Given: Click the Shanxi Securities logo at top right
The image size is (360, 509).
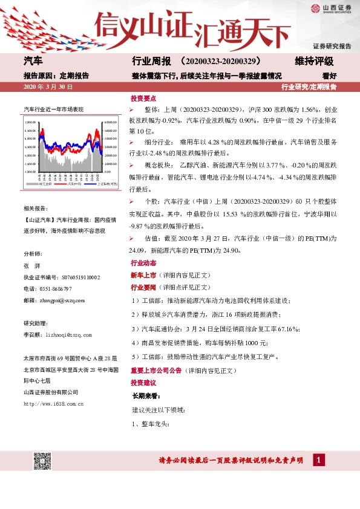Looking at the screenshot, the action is click(331, 8).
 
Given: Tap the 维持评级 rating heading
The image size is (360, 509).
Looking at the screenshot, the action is click(314, 62).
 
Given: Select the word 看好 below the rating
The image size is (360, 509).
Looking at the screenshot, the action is click(329, 76).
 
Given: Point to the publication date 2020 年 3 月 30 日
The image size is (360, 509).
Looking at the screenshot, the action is click(48, 87).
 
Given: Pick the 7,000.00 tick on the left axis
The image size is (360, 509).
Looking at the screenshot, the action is click(31, 122).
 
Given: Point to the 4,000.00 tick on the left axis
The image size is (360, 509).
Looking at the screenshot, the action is click(31, 172).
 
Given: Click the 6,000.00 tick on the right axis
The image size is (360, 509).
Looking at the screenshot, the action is click(110, 122).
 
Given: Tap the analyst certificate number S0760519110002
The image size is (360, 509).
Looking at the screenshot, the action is click(78, 277).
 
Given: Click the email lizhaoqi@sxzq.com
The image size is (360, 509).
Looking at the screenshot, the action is click(67, 334).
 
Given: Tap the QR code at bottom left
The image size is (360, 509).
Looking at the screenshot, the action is click(41, 460).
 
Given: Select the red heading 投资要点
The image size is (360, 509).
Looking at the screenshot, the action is click(143, 99).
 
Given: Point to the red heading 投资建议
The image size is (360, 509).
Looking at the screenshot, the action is click(143, 383).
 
